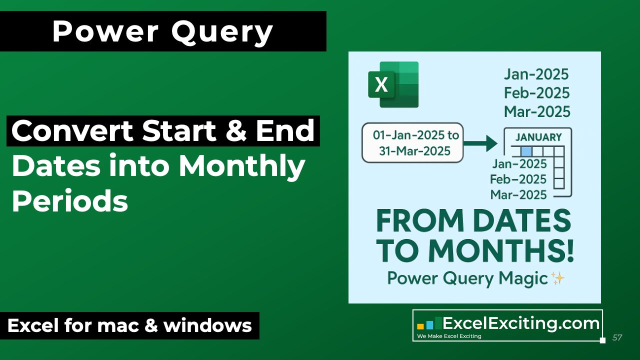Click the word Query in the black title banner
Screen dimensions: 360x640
(x=223, y=31)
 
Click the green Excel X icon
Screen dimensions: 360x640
(x=393, y=84)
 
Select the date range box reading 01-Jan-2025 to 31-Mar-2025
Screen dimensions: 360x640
(x=412, y=142)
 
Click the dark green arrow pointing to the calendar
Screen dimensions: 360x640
(x=481, y=143)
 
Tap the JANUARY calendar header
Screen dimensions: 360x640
(x=538, y=137)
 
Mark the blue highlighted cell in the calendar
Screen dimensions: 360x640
(x=525, y=150)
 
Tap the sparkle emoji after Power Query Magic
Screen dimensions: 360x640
(x=557, y=278)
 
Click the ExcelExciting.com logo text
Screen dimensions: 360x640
(x=521, y=323)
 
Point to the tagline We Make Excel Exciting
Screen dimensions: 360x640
(x=449, y=336)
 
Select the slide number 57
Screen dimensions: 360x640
(x=617, y=337)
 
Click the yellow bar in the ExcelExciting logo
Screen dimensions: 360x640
(x=420, y=326)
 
